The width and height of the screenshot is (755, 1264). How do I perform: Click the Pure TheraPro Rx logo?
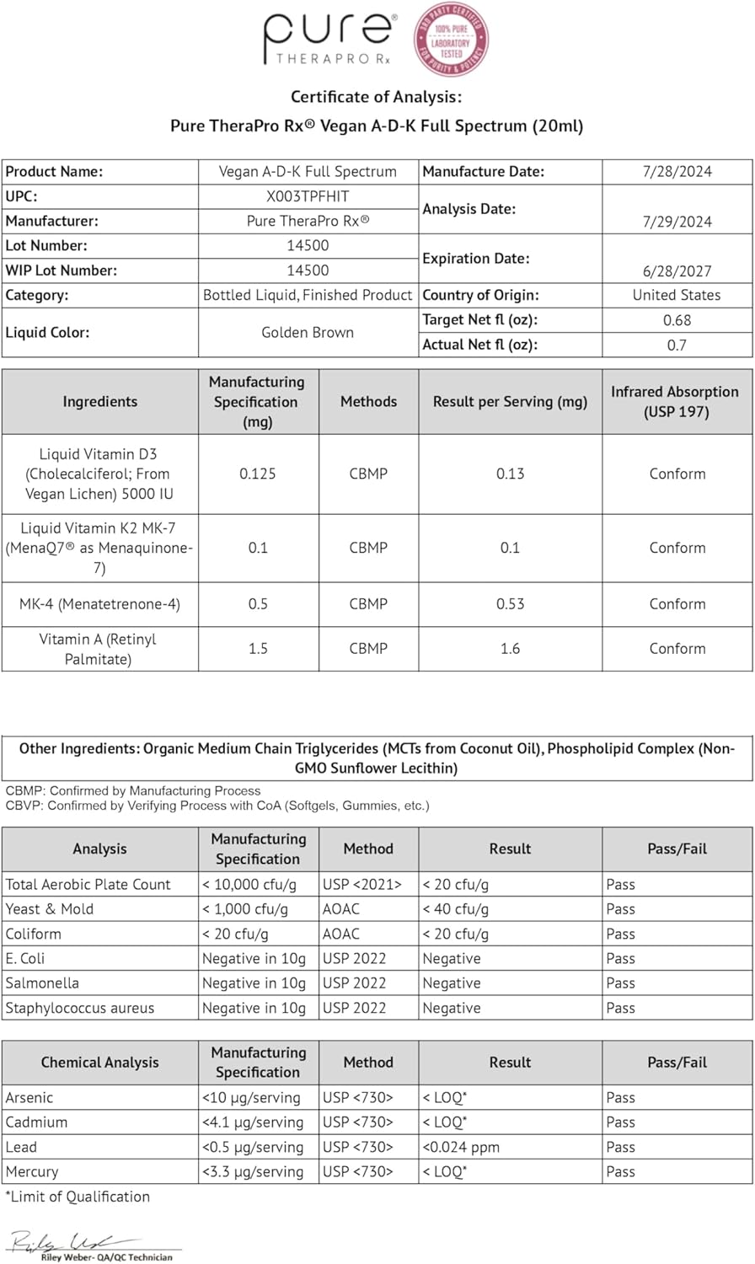click(328, 39)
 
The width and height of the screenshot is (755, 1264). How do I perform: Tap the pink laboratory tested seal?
click(451, 39)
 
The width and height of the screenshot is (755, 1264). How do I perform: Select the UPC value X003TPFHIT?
click(308, 196)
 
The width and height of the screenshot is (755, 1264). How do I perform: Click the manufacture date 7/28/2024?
click(677, 172)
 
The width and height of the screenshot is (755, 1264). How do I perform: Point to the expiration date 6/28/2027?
click(677, 271)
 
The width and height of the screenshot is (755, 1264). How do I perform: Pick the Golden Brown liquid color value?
click(308, 332)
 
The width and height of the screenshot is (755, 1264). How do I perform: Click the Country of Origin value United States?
click(677, 295)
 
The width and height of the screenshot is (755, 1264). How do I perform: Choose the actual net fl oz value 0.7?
click(677, 345)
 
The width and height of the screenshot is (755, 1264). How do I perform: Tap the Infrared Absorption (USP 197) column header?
click(677, 402)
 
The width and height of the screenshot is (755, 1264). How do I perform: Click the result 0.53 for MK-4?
click(510, 604)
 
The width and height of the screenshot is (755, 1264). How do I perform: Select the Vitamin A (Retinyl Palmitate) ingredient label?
click(99, 649)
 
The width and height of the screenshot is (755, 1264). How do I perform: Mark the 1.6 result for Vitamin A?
click(510, 649)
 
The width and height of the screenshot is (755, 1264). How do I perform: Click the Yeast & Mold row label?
click(50, 909)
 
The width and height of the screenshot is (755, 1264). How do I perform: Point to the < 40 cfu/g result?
click(455, 909)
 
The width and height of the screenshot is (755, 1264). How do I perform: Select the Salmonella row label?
click(42, 983)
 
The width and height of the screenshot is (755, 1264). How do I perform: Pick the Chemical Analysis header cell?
click(99, 1063)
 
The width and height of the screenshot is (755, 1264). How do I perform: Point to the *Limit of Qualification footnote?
click(78, 1197)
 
